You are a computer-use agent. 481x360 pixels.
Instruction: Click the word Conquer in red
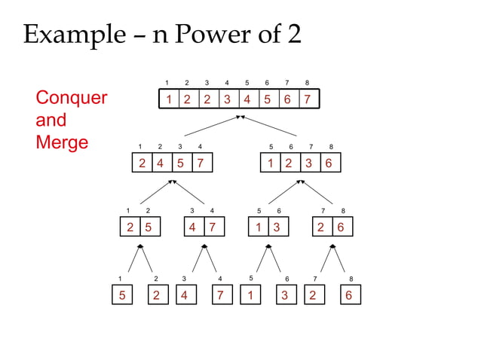click(72, 98)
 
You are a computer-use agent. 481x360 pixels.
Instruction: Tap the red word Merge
click(62, 142)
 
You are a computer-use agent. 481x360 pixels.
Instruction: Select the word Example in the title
click(73, 35)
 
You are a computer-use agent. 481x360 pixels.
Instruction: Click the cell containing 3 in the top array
click(226, 99)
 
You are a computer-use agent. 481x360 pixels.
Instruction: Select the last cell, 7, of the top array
click(307, 99)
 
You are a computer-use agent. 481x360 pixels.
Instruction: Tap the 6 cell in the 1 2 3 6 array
click(329, 163)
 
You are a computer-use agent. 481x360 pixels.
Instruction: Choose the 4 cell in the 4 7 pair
click(193, 227)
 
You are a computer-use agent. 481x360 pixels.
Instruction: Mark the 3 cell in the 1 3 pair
click(277, 227)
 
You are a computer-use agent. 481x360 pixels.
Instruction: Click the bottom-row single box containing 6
click(348, 295)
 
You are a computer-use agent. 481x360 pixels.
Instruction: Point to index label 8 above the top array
click(307, 82)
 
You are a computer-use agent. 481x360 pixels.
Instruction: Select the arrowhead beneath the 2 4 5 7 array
click(172, 181)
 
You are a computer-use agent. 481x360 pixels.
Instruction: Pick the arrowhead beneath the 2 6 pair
click(332, 246)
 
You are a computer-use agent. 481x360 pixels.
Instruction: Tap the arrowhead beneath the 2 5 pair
click(139, 246)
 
